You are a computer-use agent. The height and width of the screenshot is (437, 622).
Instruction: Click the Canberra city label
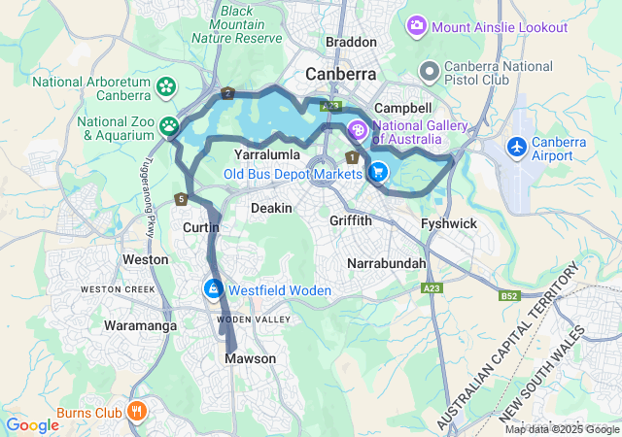(342, 74)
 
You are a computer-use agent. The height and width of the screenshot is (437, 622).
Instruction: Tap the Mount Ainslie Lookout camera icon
(417, 24)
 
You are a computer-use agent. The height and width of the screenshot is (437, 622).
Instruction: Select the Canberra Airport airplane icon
(518, 147)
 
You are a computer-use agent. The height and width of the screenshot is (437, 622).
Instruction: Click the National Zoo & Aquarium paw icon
(170, 125)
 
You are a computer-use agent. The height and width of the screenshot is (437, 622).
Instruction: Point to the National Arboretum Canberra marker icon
(165, 85)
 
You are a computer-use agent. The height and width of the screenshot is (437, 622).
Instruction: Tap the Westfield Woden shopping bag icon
(213, 288)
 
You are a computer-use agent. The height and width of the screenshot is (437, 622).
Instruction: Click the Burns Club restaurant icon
(137, 411)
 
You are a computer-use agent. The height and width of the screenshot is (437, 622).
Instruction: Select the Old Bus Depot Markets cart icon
(378, 174)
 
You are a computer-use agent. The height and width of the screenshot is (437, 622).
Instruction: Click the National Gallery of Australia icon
(358, 129)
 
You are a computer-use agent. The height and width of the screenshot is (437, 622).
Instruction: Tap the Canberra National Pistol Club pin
(429, 71)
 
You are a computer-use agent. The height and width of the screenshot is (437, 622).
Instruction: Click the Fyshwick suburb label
(449, 224)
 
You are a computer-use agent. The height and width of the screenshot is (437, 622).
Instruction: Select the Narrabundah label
(388, 263)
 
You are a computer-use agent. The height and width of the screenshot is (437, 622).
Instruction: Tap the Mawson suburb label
(251, 359)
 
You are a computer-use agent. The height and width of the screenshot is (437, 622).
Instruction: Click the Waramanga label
(141, 326)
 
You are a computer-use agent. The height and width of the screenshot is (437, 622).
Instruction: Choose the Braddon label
(351, 43)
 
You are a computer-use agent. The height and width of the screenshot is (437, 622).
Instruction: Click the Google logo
(33, 424)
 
